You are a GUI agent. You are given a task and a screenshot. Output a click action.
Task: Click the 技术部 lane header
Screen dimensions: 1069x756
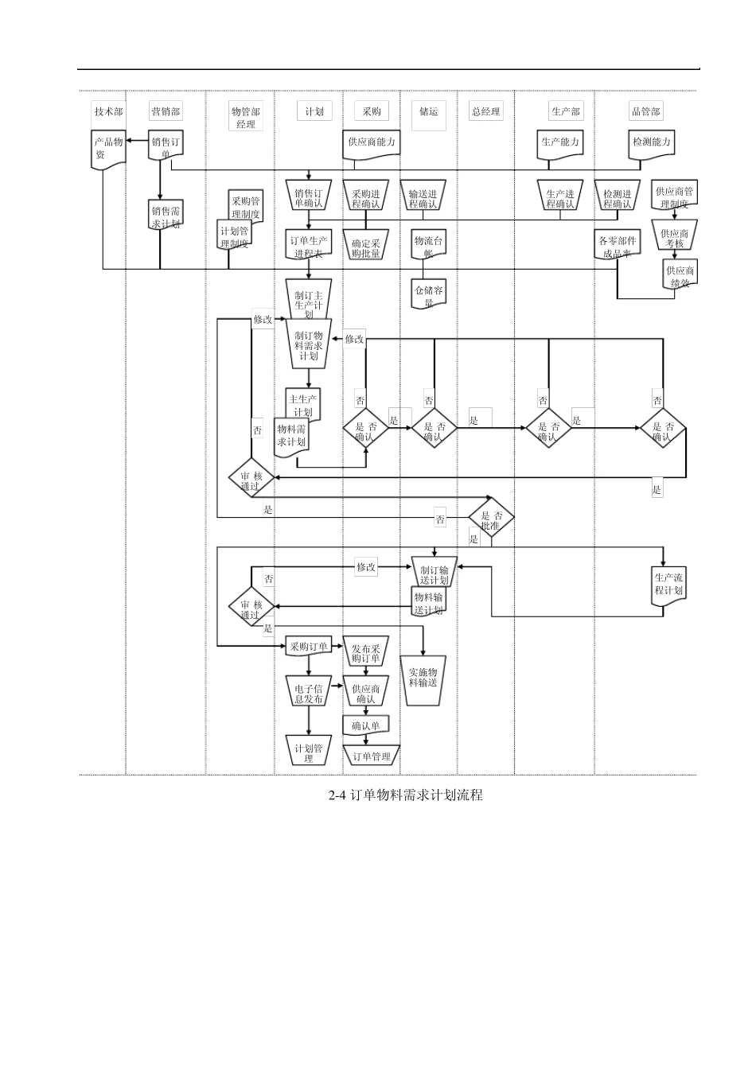(108, 111)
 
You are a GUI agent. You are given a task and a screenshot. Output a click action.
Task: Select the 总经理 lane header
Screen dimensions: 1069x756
(485, 111)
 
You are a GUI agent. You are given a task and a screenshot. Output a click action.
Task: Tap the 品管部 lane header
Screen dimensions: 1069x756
(645, 111)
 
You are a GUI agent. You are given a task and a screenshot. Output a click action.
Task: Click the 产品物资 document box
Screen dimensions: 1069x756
(107, 148)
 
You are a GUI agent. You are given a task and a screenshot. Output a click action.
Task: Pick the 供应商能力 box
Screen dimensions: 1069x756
(371, 142)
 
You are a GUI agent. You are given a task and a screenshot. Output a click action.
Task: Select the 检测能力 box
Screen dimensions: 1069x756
(652, 143)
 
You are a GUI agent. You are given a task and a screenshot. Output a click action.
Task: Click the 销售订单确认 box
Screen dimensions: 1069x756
(309, 197)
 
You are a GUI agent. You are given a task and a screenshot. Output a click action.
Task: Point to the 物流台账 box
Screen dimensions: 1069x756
(429, 245)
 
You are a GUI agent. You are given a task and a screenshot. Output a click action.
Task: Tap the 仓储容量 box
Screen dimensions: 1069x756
(429, 294)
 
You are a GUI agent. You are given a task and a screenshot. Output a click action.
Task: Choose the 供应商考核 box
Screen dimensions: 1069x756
(675, 238)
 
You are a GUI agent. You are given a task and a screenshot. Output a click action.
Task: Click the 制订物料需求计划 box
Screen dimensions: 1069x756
(309, 345)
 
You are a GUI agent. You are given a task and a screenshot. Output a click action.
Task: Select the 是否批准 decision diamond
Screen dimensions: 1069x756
(491, 519)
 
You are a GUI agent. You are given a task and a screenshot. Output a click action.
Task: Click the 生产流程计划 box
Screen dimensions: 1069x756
(668, 585)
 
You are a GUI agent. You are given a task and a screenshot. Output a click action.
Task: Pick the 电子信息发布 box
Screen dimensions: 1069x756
(309, 692)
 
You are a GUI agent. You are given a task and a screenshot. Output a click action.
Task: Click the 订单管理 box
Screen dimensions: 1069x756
(372, 756)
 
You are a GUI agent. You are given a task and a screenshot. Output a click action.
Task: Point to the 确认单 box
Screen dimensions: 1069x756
(366, 725)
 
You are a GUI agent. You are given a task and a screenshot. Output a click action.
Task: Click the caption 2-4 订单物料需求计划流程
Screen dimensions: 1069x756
(406, 795)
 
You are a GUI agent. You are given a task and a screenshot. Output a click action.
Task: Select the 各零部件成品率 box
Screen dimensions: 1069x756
(617, 246)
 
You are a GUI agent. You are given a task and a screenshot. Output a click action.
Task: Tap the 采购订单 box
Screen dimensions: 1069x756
(309, 647)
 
